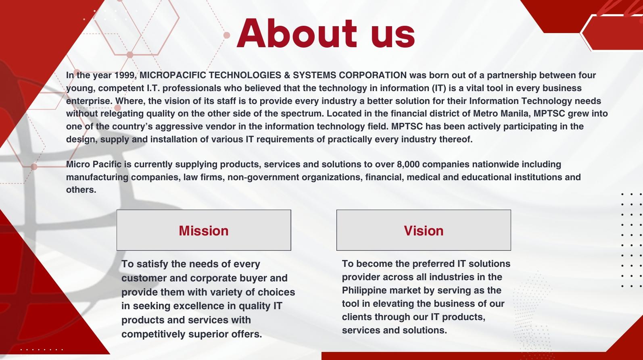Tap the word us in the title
tap(393, 36)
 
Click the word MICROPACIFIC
tap(173, 75)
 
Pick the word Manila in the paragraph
tap(516, 114)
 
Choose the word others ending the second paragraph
tap(81, 189)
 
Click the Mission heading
tap(204, 231)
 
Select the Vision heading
tap(424, 231)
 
